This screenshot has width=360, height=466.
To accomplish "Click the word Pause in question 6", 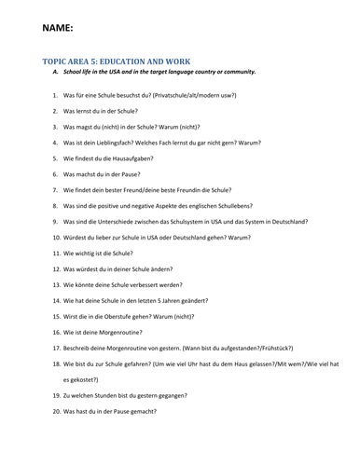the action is click(x=126, y=174).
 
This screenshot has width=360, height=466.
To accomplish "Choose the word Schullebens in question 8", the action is click(x=234, y=206).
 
